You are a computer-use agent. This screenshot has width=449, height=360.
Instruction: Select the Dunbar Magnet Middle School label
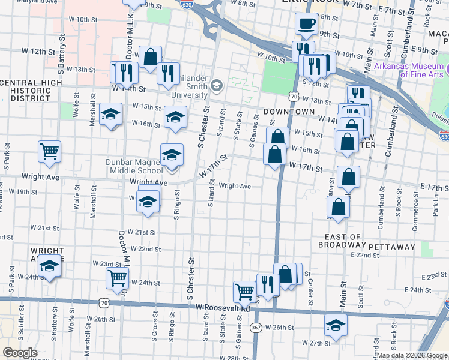134,166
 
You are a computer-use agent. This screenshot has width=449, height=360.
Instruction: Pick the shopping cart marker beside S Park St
49,151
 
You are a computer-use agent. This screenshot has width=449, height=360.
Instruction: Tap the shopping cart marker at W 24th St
117,278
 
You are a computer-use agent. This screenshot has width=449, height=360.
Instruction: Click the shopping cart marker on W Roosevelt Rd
244,292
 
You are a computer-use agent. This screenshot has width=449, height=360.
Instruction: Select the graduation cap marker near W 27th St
336,326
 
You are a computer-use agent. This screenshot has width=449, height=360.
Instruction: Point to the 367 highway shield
256,328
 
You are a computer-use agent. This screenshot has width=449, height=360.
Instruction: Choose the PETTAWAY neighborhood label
392,247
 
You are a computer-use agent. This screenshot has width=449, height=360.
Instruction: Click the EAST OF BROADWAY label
342,241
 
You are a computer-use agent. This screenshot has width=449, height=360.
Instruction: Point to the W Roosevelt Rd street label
222,308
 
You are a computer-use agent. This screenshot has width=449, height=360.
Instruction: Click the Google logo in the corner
19,353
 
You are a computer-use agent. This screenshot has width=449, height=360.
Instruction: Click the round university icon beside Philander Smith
217,85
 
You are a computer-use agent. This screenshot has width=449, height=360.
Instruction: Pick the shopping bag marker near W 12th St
150,57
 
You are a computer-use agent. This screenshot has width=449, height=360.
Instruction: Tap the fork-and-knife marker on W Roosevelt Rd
268,284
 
